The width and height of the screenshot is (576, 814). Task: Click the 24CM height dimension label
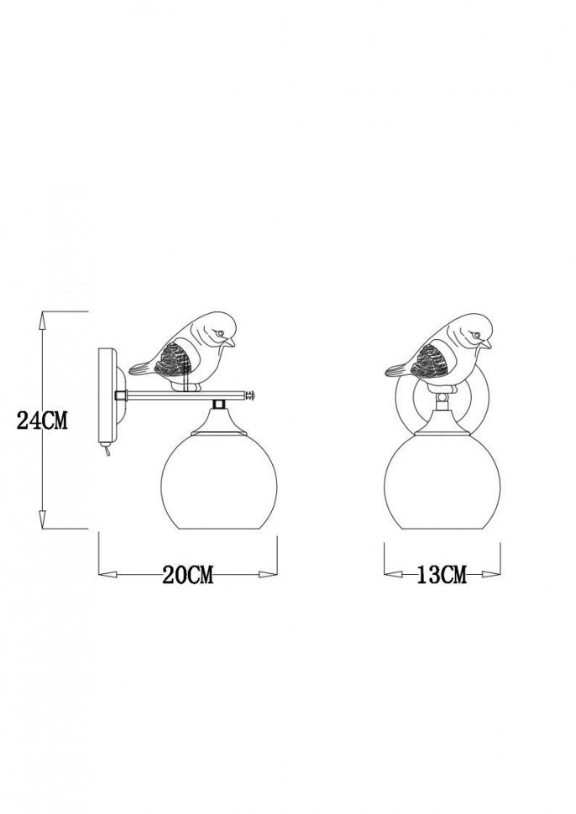click(42, 420)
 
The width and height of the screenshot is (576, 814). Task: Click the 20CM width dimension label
click(188, 575)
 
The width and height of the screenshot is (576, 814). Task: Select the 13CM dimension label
click(441, 575)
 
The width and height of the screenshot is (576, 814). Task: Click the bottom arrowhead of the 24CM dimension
click(42, 519)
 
